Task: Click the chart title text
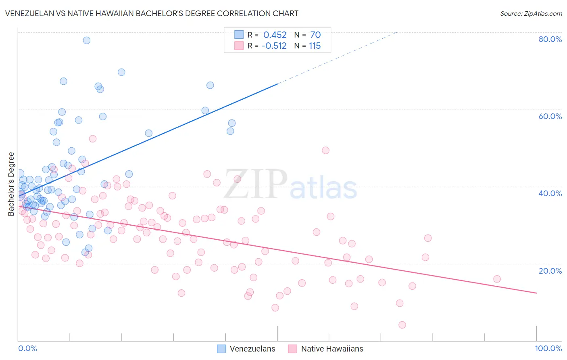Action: coord(152,13)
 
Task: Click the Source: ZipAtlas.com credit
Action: coord(531,13)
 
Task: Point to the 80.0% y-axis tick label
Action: coord(550,39)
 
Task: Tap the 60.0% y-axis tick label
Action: coord(550,116)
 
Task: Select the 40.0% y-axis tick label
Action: coord(550,193)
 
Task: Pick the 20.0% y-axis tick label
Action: coord(550,271)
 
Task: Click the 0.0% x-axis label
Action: coord(27,348)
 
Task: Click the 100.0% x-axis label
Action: coord(548,348)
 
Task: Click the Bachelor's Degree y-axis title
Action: coord(11,184)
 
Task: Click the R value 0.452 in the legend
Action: coord(275,35)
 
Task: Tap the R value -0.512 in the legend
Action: coord(274,46)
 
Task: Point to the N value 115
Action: coord(315,46)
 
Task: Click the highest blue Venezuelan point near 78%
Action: coord(87,40)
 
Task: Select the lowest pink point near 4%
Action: coord(402,325)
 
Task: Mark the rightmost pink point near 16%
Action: coord(497,279)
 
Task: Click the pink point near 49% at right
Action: coord(326,150)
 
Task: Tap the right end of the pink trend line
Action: coord(536,293)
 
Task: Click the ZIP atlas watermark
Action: coord(290,186)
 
